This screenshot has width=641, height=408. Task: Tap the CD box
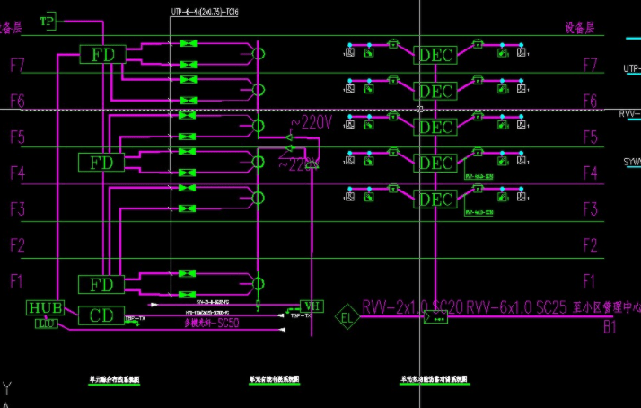pyautogui.click(x=101, y=315)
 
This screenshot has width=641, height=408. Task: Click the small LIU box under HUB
pyautogui.click(x=47, y=324)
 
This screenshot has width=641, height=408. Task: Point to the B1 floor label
pyautogui.click(x=610, y=328)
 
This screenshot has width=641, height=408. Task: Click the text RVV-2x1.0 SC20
pyautogui.click(x=412, y=308)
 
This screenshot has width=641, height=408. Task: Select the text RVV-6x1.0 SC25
pyautogui.click(x=516, y=308)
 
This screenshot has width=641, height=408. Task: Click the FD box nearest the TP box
pyautogui.click(x=101, y=54)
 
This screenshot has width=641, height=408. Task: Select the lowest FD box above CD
pyautogui.click(x=101, y=285)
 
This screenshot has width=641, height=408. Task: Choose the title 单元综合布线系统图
pyautogui.click(x=114, y=380)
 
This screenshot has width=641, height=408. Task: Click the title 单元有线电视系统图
pyautogui.click(x=274, y=380)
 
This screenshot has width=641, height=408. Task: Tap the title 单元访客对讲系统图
pyautogui.click(x=435, y=380)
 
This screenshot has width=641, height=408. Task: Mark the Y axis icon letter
pyautogui.click(x=8, y=388)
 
